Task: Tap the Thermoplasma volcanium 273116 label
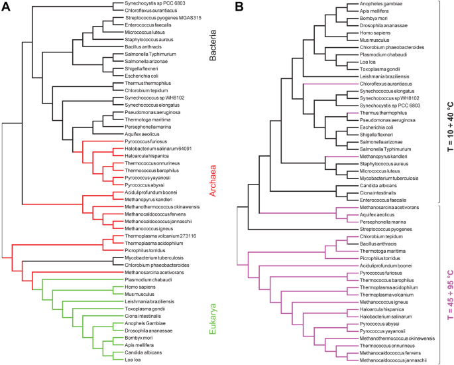(154, 236)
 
